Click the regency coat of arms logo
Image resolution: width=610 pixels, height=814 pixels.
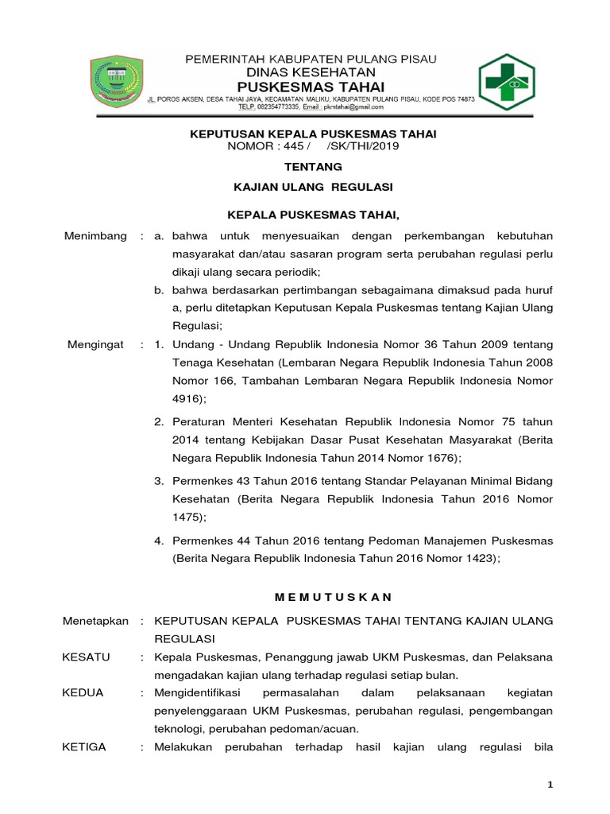(117, 79)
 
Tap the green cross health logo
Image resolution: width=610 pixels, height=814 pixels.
(512, 79)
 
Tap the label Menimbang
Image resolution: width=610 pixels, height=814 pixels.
(95, 237)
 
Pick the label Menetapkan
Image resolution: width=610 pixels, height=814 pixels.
(95, 620)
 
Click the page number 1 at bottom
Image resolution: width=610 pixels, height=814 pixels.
(550, 785)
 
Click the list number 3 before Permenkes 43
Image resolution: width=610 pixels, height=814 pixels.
(158, 481)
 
